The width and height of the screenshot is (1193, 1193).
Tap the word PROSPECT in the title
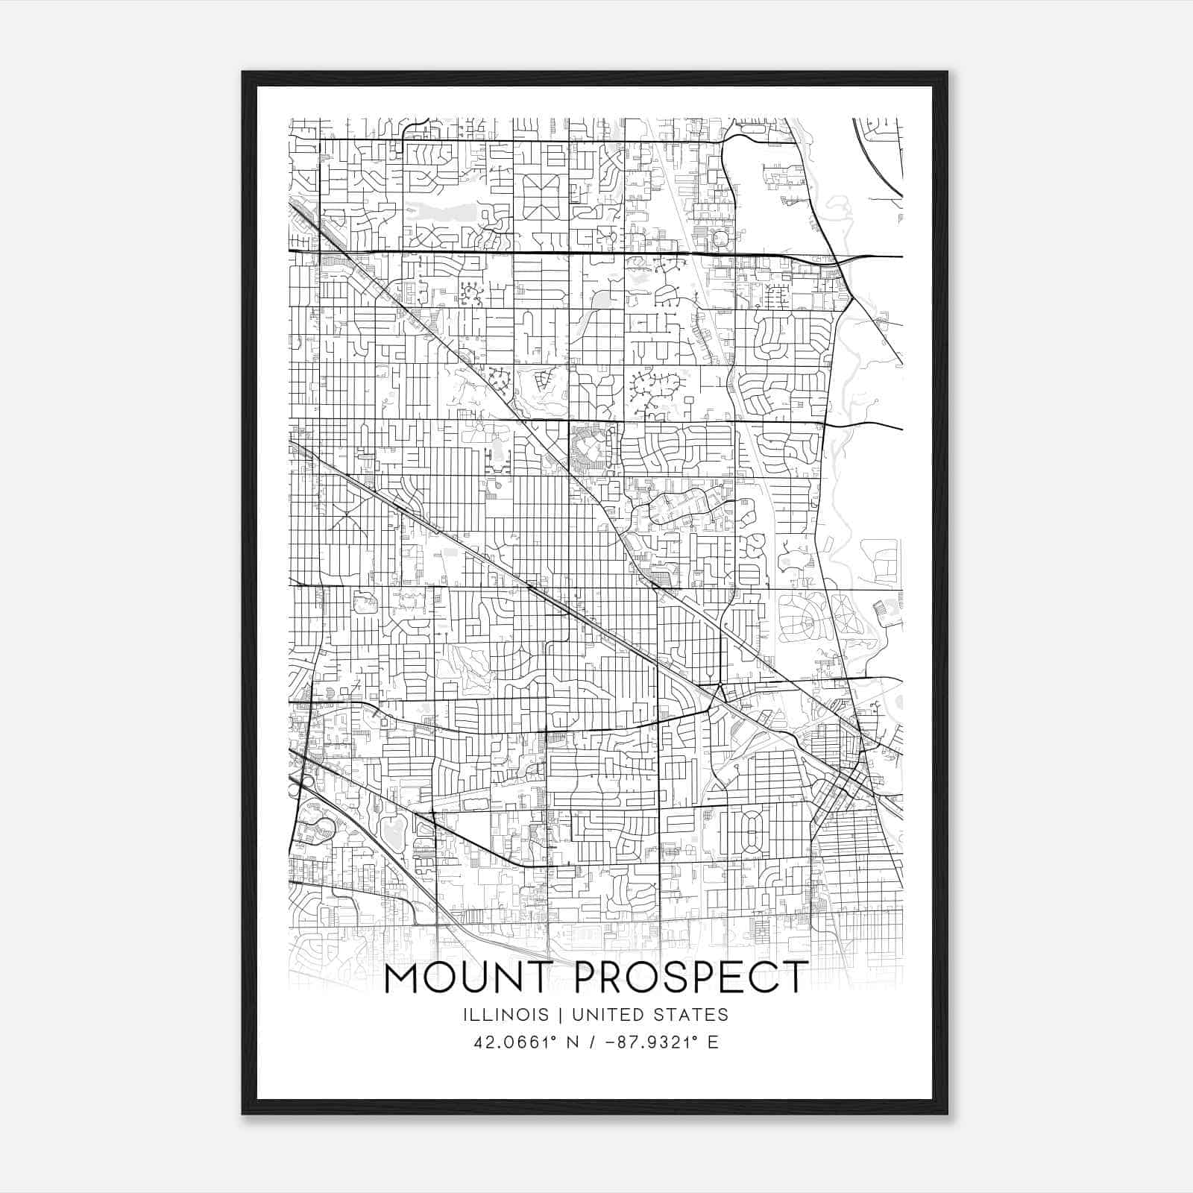pos(691,978)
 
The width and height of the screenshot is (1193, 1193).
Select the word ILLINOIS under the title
pos(506,1015)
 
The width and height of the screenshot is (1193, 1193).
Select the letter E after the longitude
pos(714,1042)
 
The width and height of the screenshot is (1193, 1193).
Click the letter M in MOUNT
pos(402,978)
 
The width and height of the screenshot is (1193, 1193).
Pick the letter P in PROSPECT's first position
pos(587,978)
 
